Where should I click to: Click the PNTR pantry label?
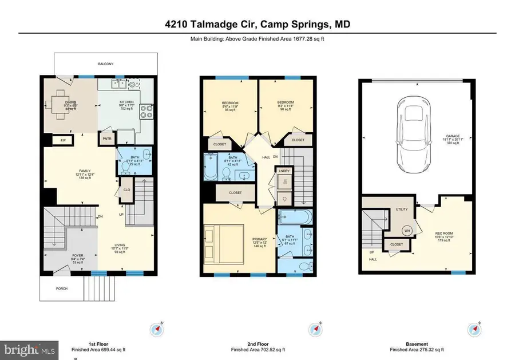pos(106,139)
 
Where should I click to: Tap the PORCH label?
pos(61,288)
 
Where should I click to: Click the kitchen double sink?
pos(120,84)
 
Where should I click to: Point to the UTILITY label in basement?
pos(401,209)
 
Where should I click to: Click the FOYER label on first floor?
pos(61,256)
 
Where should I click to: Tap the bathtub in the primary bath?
pos(295,217)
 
